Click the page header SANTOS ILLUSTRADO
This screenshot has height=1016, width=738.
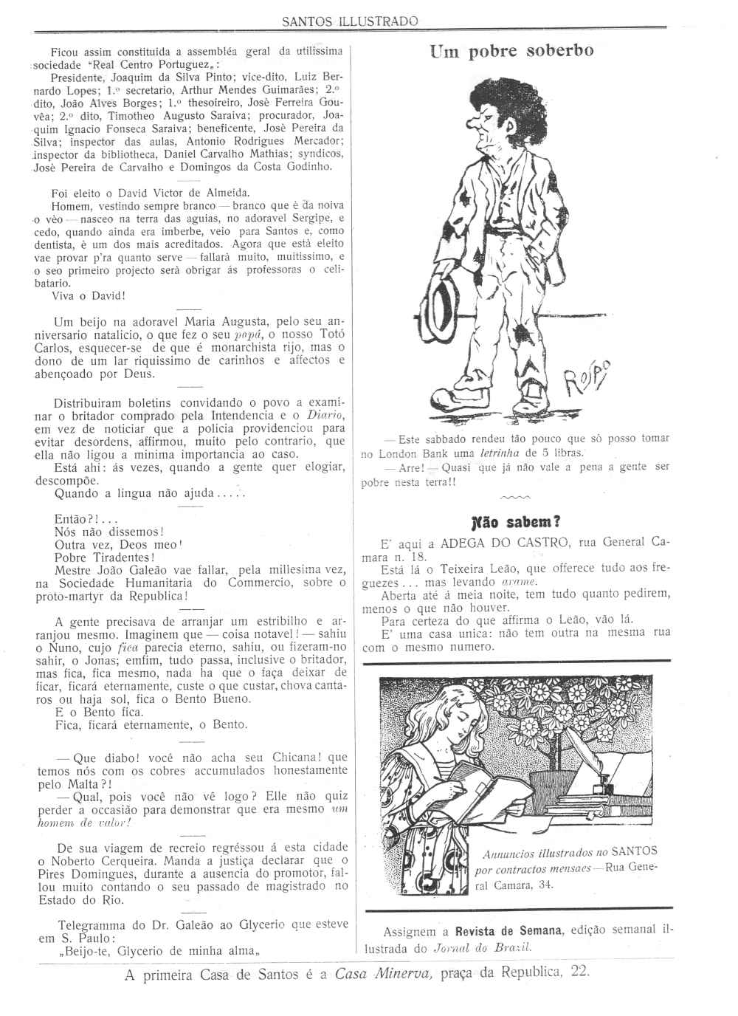click(350, 21)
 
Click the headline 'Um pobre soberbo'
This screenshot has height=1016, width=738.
click(511, 52)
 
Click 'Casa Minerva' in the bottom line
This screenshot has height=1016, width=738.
click(382, 972)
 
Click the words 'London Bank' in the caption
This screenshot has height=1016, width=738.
click(406, 453)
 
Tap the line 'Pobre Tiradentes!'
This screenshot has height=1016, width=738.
click(104, 557)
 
